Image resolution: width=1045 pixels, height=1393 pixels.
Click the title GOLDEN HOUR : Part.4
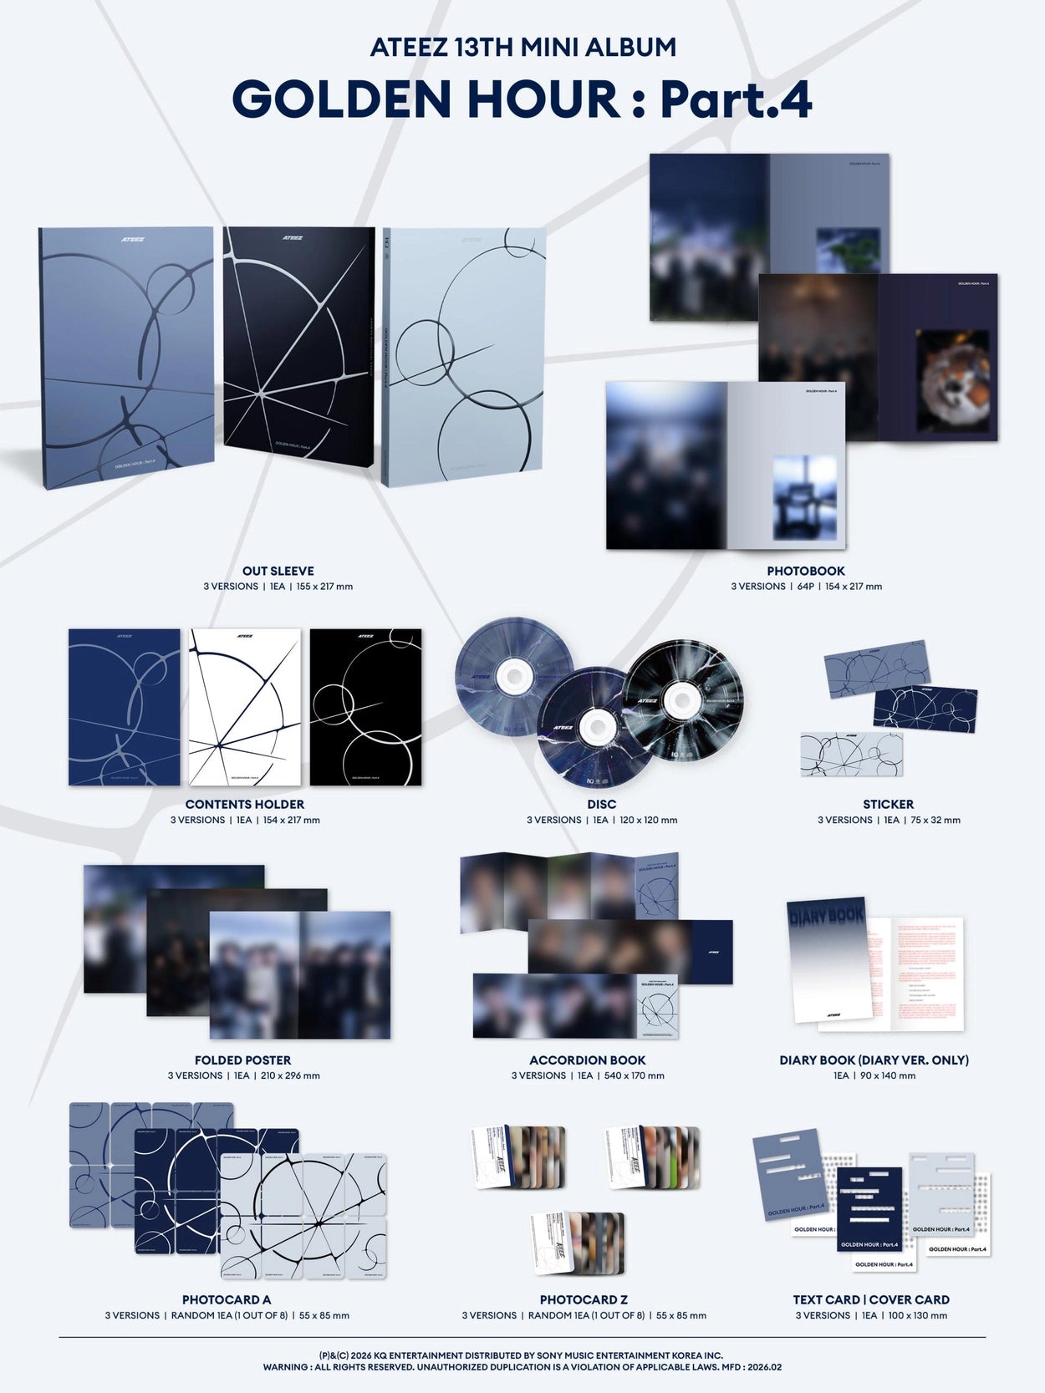click(522, 100)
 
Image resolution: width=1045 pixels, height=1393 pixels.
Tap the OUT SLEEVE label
click(278, 571)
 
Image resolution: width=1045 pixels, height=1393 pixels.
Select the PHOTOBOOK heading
click(806, 571)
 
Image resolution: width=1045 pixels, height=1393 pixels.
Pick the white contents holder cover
click(245, 707)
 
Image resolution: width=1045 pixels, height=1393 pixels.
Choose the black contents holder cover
click(365, 707)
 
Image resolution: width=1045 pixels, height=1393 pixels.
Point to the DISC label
click(601, 804)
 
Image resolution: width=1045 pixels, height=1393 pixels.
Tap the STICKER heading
click(888, 804)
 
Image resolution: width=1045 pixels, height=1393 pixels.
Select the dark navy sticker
click(925, 709)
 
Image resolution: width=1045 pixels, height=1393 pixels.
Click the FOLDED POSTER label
click(243, 1060)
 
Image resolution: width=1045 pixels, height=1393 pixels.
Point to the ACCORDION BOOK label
click(588, 1060)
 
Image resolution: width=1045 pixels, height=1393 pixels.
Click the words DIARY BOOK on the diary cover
click(826, 916)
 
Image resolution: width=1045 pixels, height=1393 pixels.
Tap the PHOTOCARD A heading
click(227, 1299)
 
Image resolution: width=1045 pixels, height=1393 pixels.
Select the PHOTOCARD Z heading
click(584, 1299)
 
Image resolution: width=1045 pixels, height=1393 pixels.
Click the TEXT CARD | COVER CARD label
click(871, 1299)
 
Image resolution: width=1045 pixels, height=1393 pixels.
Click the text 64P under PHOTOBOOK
click(805, 587)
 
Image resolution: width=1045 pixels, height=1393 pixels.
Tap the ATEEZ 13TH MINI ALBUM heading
click(522, 48)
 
